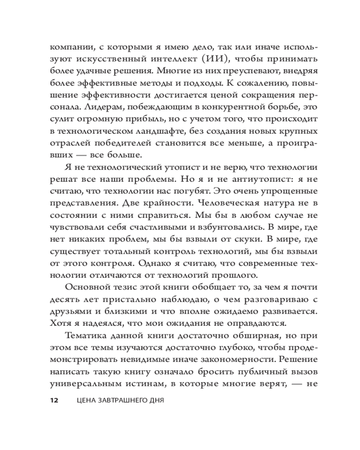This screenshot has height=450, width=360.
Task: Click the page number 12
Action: pos(54,400)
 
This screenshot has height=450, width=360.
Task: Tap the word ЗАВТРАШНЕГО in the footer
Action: pos(121,400)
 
